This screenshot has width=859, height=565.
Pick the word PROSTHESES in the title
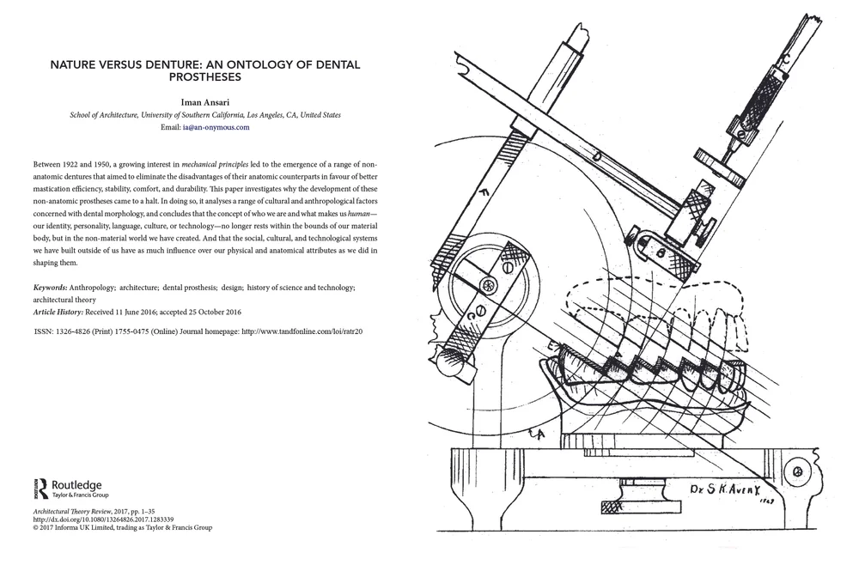(204, 77)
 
